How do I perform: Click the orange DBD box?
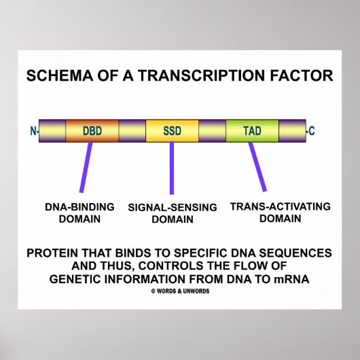pos(92,130)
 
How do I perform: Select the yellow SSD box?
pos(172,130)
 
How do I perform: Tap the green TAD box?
pos(252,130)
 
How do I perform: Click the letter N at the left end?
pos(33,130)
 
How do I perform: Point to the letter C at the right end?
pos(312,130)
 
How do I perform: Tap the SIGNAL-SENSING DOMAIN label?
pos(172,213)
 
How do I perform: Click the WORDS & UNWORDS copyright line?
pos(180,291)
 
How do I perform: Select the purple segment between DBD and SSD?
pos(132,130)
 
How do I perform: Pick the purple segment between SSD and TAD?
pos(212,130)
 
